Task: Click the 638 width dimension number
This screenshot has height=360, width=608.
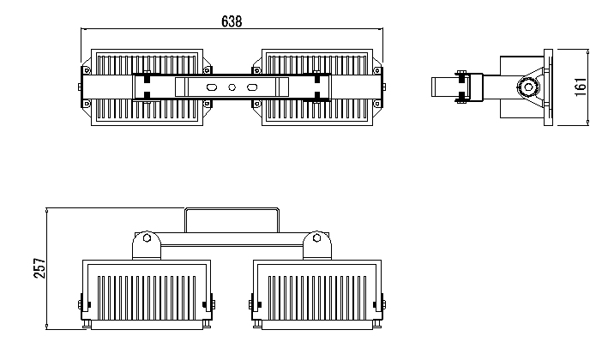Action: point(232,21)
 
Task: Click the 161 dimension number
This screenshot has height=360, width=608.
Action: point(581,87)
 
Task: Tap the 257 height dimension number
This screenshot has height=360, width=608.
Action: point(39,267)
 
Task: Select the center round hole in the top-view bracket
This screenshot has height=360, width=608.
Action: point(232,87)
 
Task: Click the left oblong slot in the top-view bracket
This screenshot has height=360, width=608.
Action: point(212,87)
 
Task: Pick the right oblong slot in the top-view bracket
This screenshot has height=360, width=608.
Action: point(252,87)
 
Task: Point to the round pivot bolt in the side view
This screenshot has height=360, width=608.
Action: point(527,87)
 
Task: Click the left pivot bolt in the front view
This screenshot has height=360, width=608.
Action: point(147,237)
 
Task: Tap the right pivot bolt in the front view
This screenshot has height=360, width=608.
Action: point(316,237)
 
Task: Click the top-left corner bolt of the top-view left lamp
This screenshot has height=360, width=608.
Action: point(87,70)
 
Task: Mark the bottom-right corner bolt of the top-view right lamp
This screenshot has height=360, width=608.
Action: point(377,104)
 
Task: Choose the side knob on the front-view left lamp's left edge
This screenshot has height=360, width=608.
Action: point(81,304)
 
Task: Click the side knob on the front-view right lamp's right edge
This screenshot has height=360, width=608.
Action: point(383,304)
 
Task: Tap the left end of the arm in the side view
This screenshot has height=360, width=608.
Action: point(432,87)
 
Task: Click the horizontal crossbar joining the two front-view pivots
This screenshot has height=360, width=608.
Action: point(232,239)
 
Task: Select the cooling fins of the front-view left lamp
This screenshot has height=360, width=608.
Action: point(147,297)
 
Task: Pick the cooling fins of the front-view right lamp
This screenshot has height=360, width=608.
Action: point(317,297)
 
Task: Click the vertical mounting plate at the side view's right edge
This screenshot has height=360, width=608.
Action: point(548,87)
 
